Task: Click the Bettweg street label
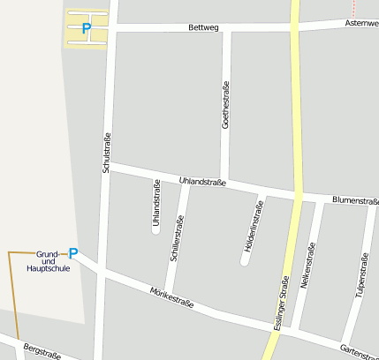(x=202, y=28)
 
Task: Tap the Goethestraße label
(x=225, y=106)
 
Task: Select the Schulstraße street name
(x=106, y=152)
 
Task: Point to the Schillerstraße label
(x=177, y=236)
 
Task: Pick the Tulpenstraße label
(x=361, y=274)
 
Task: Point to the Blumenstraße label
(x=355, y=201)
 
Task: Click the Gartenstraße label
(x=359, y=351)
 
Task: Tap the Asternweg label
(x=361, y=22)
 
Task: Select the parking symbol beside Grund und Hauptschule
(x=73, y=254)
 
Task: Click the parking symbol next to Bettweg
(x=86, y=28)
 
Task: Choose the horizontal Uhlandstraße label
(x=202, y=182)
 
